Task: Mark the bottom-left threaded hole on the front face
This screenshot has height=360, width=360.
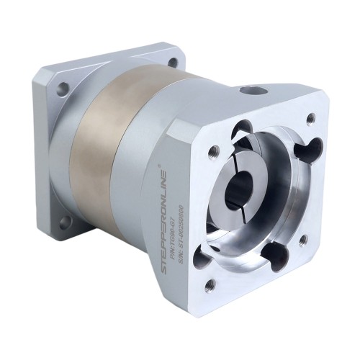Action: coord(210,284)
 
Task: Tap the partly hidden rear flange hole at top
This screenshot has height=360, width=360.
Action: coord(173,62)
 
